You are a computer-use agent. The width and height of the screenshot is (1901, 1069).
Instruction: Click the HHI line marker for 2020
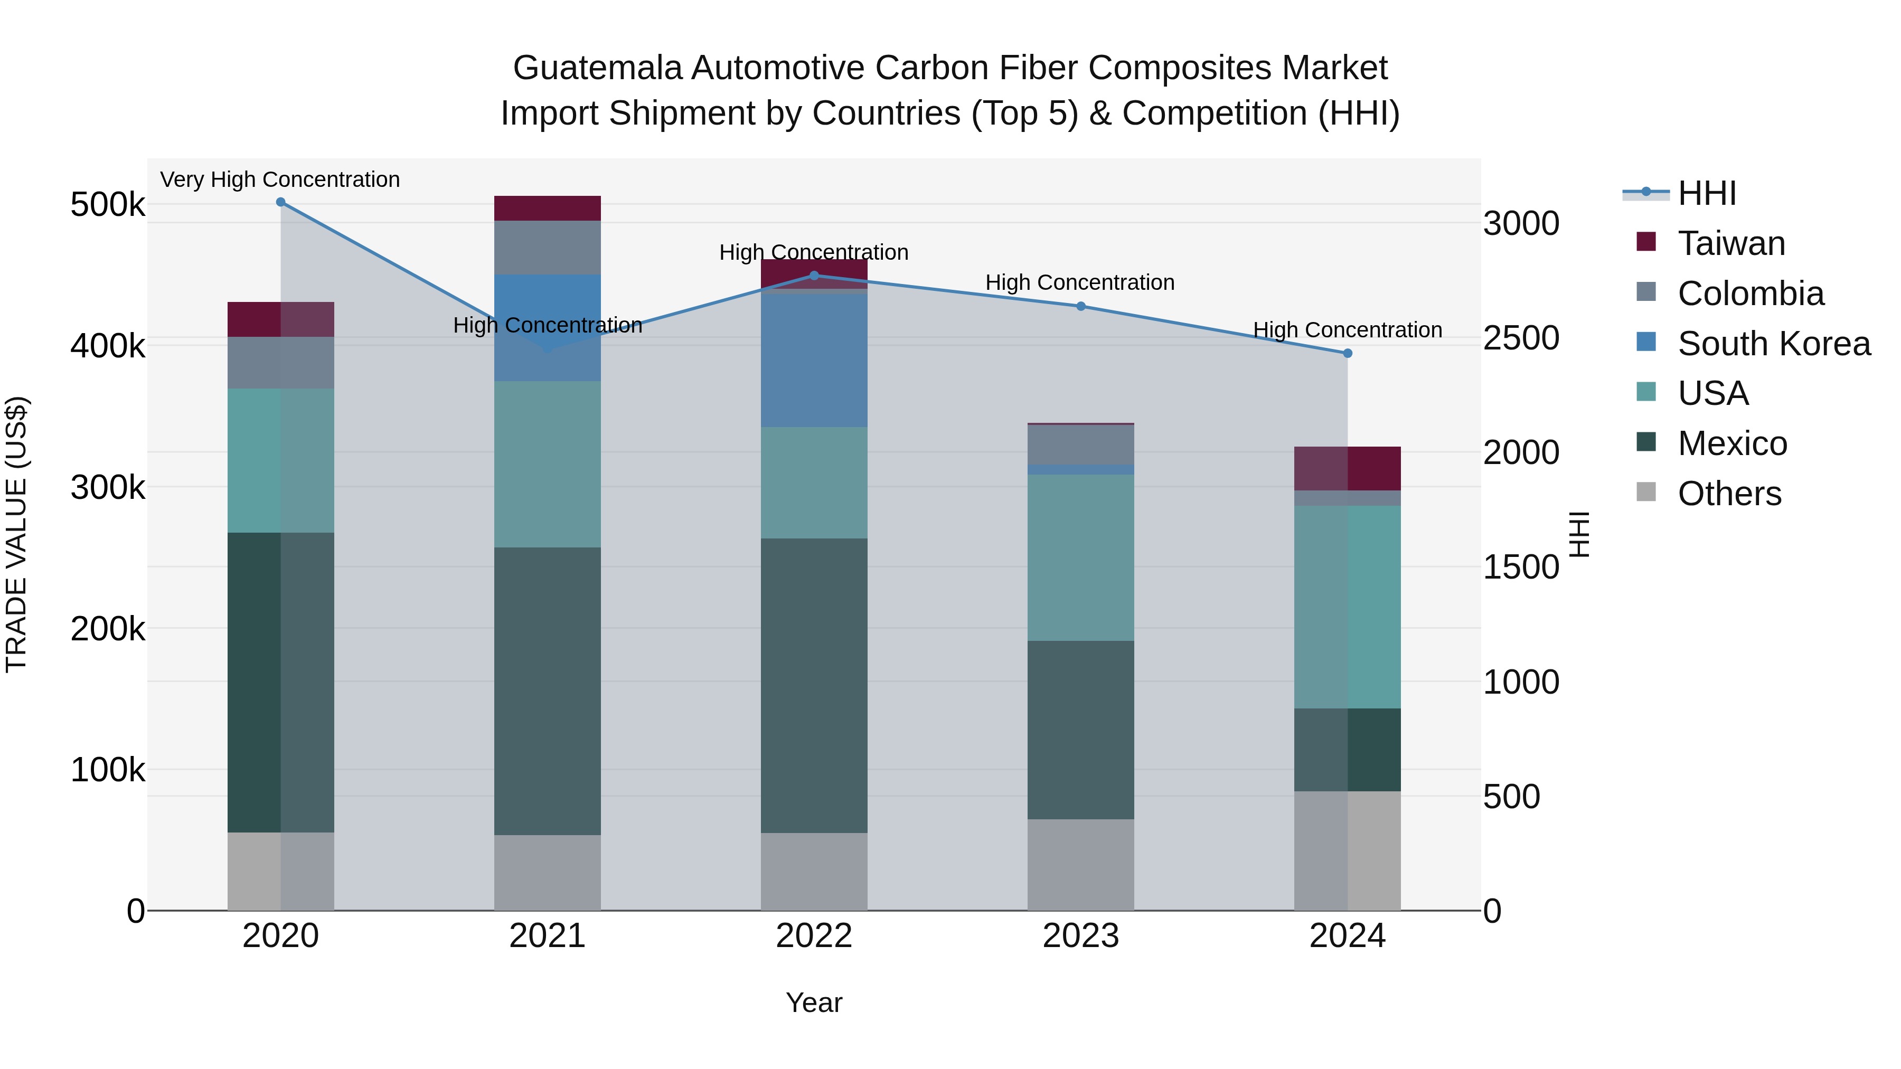pyautogui.click(x=280, y=202)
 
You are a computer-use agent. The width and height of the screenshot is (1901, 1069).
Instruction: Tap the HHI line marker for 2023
pyautogui.click(x=1080, y=306)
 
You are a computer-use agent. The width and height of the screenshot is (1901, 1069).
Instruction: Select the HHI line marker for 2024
pyautogui.click(x=1348, y=353)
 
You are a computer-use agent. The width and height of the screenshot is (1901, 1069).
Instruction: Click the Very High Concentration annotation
pyautogui.click(x=280, y=179)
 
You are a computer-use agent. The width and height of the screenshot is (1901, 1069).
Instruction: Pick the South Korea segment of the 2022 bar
pyautogui.click(x=814, y=360)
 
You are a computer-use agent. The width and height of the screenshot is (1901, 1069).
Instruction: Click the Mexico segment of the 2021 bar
pyautogui.click(x=547, y=690)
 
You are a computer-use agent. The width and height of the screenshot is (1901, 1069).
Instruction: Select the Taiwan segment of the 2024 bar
pyautogui.click(x=1348, y=468)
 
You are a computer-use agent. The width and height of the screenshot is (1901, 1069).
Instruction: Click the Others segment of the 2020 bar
pyautogui.click(x=280, y=871)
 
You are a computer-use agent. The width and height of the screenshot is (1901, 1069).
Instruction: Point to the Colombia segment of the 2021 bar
pyautogui.click(x=547, y=247)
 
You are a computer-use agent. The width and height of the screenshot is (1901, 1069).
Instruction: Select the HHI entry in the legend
pyautogui.click(x=1706, y=193)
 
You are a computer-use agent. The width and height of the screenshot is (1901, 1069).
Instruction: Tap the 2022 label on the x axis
pyautogui.click(x=814, y=936)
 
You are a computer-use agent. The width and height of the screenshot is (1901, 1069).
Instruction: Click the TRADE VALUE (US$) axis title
pyautogui.click(x=16, y=534)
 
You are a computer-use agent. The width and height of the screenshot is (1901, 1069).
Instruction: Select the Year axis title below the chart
pyautogui.click(x=814, y=1002)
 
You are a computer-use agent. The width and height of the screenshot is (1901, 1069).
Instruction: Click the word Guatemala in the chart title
pyautogui.click(x=598, y=68)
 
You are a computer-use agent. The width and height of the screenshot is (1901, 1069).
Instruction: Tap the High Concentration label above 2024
pyautogui.click(x=1348, y=330)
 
